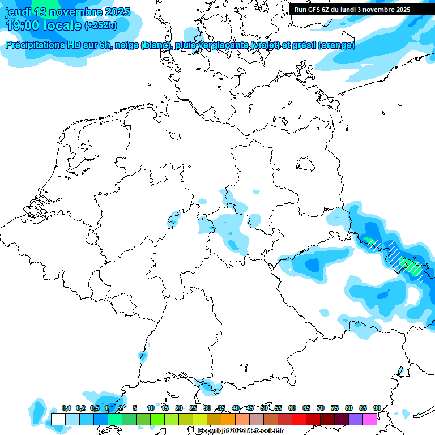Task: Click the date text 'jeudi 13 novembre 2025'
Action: click(x=67, y=12)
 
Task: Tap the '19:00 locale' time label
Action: click(x=43, y=25)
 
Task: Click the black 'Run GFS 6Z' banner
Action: click(x=352, y=10)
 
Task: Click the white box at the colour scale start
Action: click(x=58, y=420)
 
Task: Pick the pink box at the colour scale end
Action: click(x=370, y=420)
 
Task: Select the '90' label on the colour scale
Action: click(x=377, y=408)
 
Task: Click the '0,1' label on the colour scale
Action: click(x=66, y=408)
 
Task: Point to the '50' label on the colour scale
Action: click(x=264, y=408)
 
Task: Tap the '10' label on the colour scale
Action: click(x=151, y=408)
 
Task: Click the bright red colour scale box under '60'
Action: click(x=299, y=420)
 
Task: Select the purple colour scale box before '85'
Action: click(x=356, y=420)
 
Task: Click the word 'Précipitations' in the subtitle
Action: click(x=39, y=45)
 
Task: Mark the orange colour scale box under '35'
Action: click(x=228, y=420)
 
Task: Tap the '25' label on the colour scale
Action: click(x=193, y=408)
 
